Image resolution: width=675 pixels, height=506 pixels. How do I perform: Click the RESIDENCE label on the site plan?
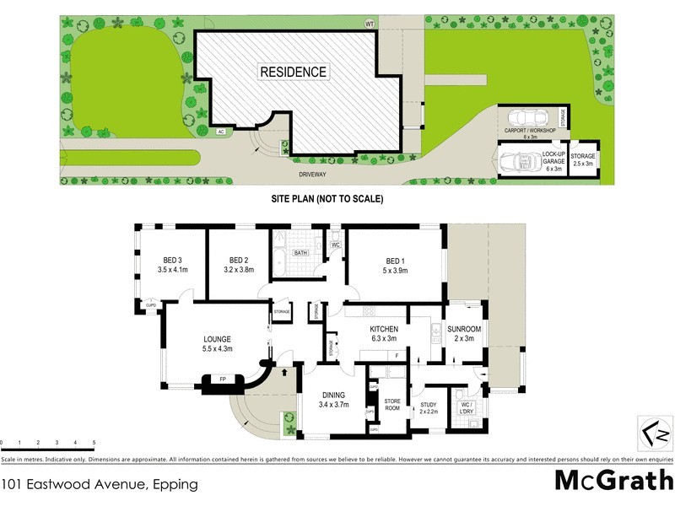pyautogui.click(x=293, y=73)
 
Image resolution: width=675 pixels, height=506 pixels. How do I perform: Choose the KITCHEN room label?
pyautogui.click(x=382, y=333)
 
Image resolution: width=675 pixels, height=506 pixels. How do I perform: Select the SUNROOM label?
pyautogui.click(x=464, y=333)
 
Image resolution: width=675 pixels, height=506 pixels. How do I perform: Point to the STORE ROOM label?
pyautogui.click(x=391, y=405)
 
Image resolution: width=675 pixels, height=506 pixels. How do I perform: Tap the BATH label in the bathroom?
pyautogui.click(x=300, y=252)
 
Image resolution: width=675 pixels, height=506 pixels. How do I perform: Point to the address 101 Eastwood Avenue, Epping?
pyautogui.click(x=100, y=484)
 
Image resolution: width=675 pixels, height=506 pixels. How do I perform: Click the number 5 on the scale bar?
pyautogui.click(x=94, y=443)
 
